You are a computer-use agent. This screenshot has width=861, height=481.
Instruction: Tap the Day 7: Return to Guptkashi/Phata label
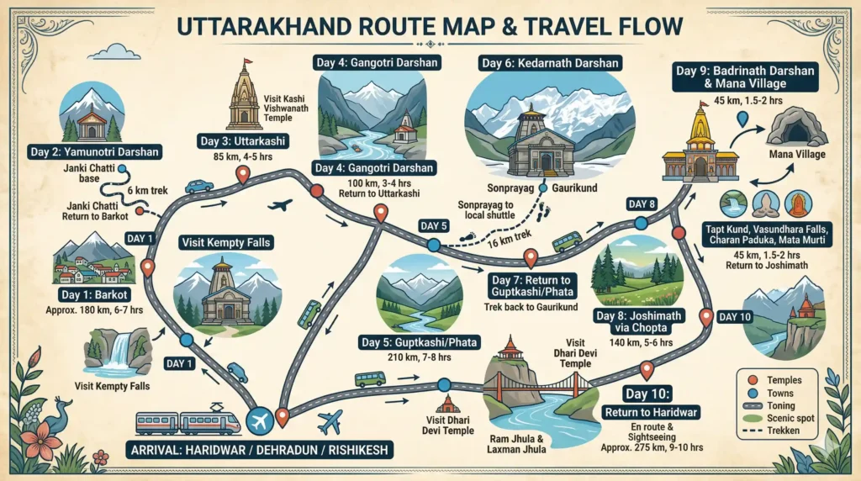click(530, 287)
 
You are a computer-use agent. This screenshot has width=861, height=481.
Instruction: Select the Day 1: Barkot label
click(95, 295)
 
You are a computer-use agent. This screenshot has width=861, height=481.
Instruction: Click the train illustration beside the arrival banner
click(188, 422)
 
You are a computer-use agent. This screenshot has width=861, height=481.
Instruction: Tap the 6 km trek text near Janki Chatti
click(149, 191)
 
